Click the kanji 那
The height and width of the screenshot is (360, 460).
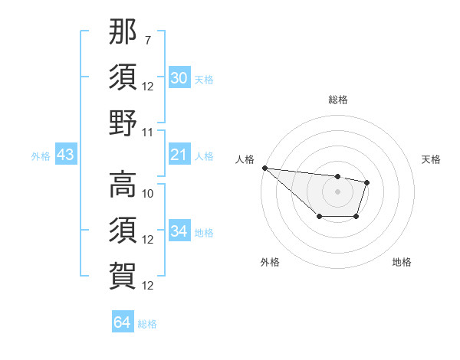point(123,34)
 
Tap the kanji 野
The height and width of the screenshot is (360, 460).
point(123,123)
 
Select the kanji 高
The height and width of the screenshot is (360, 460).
point(123,185)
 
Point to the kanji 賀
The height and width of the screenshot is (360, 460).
point(123,273)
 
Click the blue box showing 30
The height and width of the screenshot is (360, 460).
point(179,78)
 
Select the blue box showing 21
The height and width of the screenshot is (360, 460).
point(179,155)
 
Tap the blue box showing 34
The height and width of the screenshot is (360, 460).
point(179,232)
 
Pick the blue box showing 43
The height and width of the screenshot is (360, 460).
point(65,155)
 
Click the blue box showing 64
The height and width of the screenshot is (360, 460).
point(122,322)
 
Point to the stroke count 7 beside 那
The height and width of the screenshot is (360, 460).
point(148,38)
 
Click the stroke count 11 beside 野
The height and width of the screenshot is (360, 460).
point(148,133)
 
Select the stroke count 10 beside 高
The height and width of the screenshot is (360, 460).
point(148,193)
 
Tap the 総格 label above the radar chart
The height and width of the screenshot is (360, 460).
point(337,100)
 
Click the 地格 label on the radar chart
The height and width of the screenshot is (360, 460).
point(402,262)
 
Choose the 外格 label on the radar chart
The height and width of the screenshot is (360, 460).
point(270,262)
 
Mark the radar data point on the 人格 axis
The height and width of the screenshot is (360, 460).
point(264,168)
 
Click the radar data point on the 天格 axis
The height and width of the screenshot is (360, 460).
point(367,182)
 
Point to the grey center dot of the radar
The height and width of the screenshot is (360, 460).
point(337,191)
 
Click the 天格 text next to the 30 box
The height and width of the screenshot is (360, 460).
point(204,79)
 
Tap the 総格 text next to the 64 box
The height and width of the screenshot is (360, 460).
point(147,323)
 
